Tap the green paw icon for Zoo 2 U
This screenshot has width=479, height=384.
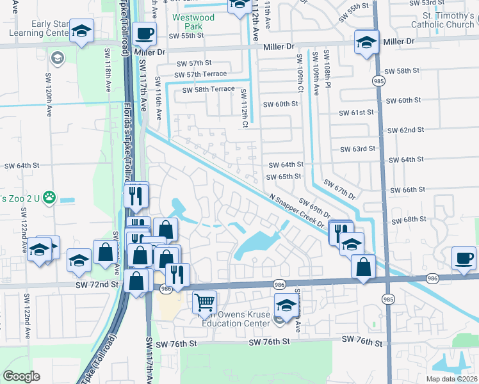[49, 198]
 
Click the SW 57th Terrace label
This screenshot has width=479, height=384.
[200, 74]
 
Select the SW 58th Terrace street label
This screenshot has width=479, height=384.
[209, 90]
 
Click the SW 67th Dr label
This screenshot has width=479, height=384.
[339, 189]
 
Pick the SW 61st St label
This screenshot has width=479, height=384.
[356, 113]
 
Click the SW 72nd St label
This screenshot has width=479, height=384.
[97, 283]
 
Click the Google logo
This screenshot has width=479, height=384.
[22, 376]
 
